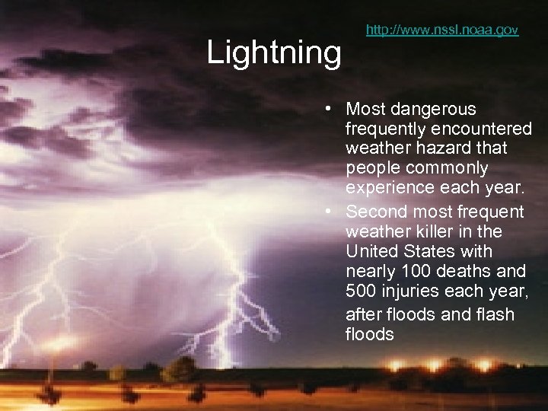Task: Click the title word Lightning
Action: pos(274,53)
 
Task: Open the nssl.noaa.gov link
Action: pos(441,30)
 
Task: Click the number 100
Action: pos(417,272)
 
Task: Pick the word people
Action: pos(370,167)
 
